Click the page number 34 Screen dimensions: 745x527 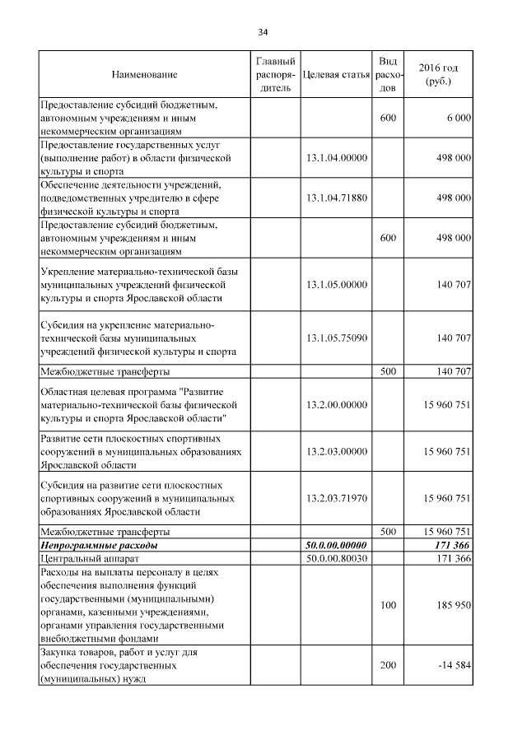point(263,32)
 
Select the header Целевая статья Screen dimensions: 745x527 point(335,75)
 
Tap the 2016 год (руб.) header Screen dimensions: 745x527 point(439,74)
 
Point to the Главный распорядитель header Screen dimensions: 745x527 point(275,74)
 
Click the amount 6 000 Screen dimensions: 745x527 point(459,119)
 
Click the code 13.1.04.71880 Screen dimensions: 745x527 point(335,198)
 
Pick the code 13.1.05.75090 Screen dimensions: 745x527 point(335,338)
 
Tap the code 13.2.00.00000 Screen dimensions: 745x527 point(335,405)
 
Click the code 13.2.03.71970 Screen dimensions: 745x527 point(335,498)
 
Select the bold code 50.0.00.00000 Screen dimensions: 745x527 point(335,545)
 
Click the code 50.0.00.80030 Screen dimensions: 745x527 point(335,559)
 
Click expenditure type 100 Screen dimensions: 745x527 point(388,605)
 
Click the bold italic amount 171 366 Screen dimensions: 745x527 point(452,545)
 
